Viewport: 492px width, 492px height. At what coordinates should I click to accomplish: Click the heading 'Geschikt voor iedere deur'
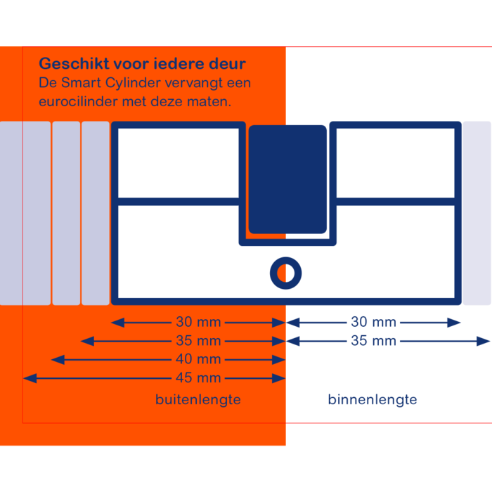tap(142, 64)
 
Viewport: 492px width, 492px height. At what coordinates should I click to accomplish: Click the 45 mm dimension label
tap(198, 378)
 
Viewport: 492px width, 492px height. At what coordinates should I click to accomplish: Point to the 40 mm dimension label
tap(198, 359)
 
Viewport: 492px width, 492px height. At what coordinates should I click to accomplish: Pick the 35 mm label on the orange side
tap(198, 341)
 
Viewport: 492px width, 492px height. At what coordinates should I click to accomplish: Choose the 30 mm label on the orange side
tap(198, 323)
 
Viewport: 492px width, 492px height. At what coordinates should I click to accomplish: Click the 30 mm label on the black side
tap(373, 323)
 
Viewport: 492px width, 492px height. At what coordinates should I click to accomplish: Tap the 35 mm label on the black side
tap(373, 341)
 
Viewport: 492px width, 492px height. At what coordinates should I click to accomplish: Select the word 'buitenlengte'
tap(198, 399)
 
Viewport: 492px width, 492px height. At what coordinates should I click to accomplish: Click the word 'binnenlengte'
tap(373, 399)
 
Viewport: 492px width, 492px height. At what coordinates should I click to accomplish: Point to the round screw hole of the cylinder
tap(285, 273)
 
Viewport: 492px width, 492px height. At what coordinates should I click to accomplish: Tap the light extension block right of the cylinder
tap(477, 213)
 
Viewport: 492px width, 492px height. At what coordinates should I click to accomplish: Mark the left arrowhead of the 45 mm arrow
tap(28, 378)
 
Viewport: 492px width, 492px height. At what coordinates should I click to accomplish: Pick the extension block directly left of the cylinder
tap(96, 213)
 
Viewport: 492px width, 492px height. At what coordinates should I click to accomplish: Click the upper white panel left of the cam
tap(179, 163)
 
